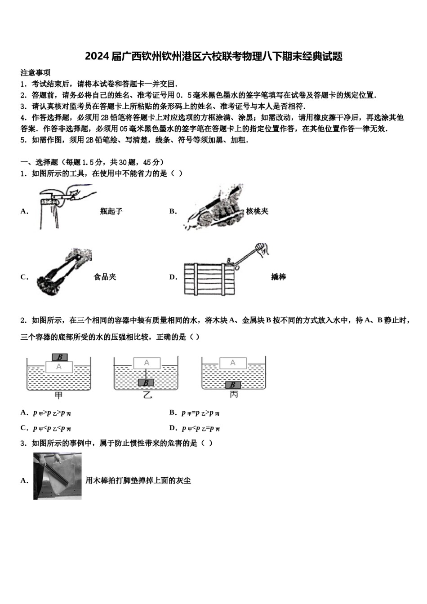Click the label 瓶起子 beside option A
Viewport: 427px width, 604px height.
coord(111,211)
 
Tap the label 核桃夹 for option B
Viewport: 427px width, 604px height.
coord(258,211)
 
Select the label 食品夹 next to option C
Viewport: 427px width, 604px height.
coord(105,277)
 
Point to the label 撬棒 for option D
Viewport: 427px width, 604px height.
coord(279,277)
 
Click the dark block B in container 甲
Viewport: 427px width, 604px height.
coord(59,357)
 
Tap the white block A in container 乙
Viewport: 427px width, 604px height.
coord(147,363)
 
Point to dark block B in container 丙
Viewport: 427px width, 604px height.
coord(233,385)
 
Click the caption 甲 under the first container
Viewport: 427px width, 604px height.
coord(58,395)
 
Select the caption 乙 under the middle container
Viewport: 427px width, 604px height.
coord(147,395)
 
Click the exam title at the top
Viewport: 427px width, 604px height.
coord(213,56)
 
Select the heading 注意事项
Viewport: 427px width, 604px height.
coord(36,72)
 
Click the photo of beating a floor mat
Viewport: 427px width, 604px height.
coord(58,476)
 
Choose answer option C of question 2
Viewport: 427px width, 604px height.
coord(47,428)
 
